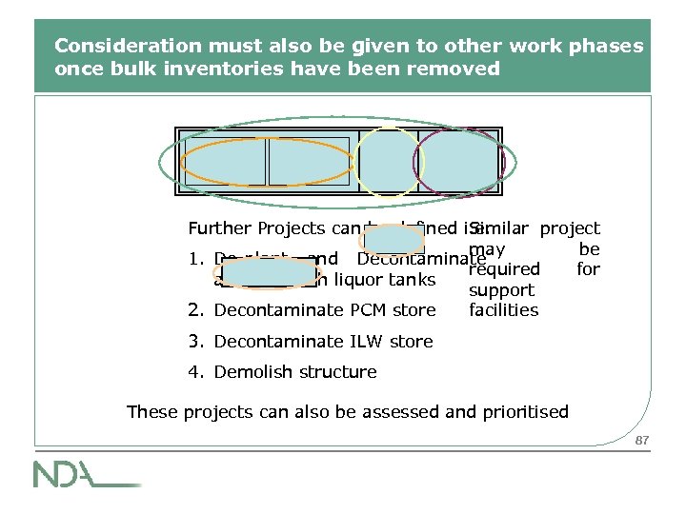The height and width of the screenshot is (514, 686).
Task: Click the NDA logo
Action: [x=86, y=473]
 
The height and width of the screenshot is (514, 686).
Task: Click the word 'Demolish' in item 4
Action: [x=250, y=372]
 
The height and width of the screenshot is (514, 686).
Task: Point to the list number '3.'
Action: [x=195, y=341]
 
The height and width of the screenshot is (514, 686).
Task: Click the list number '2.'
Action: [x=195, y=310]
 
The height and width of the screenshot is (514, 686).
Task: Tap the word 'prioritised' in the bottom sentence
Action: [x=525, y=412]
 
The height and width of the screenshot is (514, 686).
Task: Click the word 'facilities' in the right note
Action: [x=503, y=310]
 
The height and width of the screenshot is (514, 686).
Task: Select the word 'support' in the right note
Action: [x=502, y=290]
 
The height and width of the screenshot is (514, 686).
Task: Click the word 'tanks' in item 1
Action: [x=413, y=280]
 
